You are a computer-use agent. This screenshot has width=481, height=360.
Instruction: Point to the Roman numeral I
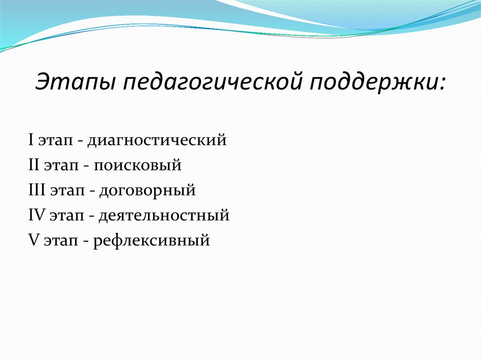click(x=31, y=140)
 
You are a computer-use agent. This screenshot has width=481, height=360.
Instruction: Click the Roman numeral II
click(x=33, y=165)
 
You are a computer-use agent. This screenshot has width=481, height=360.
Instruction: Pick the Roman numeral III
click(x=37, y=191)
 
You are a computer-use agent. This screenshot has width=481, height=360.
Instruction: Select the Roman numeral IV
click(x=36, y=216)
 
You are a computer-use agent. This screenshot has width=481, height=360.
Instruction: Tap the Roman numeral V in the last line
click(x=32, y=241)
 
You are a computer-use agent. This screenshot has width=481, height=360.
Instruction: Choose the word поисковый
click(x=137, y=166)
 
